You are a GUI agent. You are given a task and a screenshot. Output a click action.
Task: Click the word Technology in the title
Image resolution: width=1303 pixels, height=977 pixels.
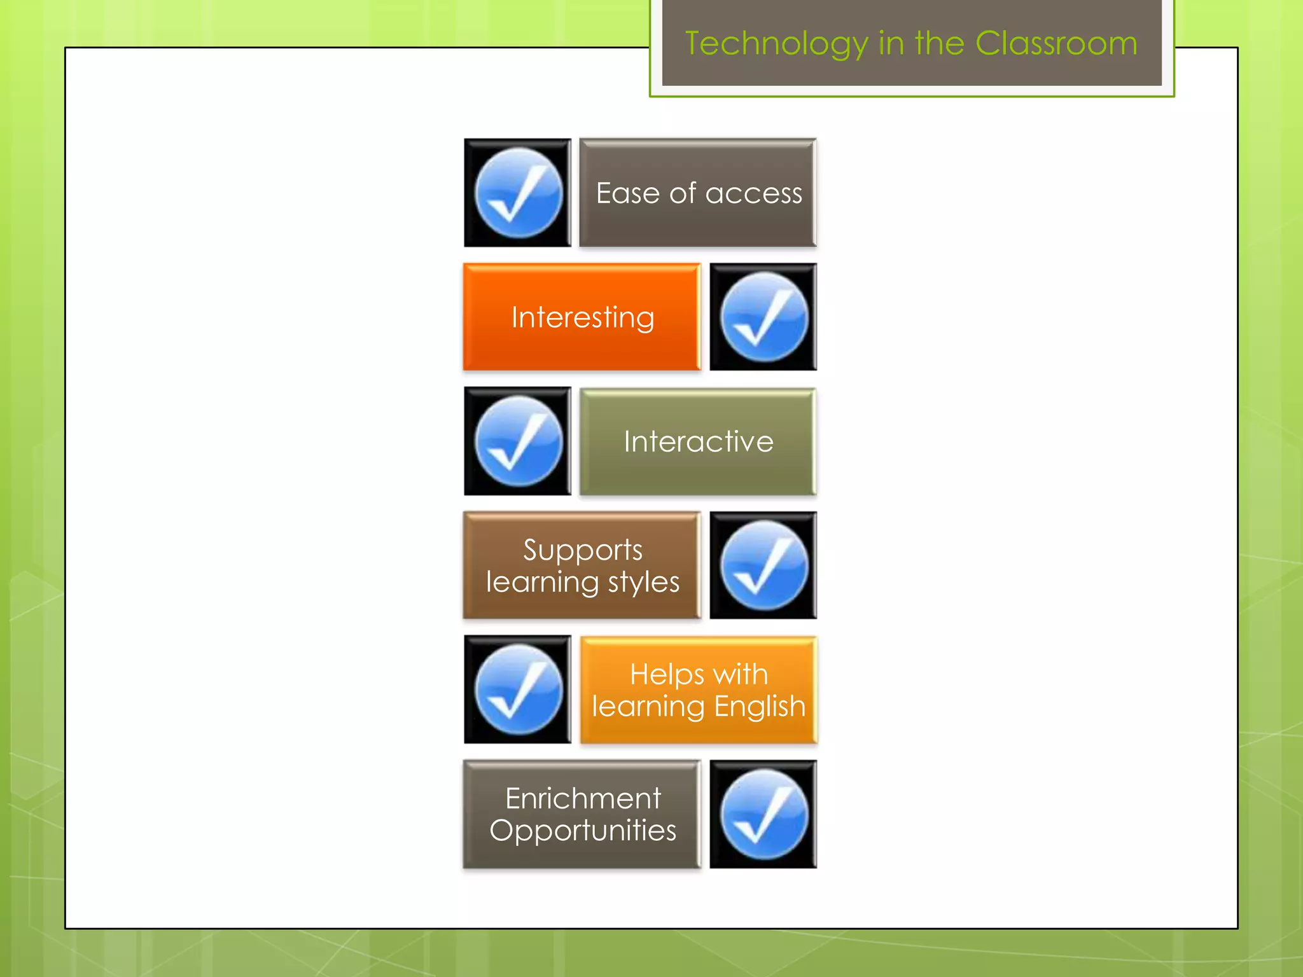tap(776, 45)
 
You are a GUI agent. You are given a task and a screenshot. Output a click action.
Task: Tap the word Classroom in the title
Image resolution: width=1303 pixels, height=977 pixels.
tap(1056, 43)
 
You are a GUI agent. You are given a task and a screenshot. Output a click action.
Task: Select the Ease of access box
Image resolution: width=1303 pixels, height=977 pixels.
tap(698, 193)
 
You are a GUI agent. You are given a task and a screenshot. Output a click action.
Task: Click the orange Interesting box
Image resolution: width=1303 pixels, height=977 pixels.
tap(582, 317)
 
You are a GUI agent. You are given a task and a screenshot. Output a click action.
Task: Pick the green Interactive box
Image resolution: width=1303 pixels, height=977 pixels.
tap(698, 441)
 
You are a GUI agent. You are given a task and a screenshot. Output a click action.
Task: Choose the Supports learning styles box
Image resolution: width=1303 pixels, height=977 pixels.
tap(582, 565)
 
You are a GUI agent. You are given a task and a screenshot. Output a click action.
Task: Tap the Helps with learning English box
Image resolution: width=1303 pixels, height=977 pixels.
tap(699, 690)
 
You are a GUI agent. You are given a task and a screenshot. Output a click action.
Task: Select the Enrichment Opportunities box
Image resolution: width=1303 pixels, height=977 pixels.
tap(582, 814)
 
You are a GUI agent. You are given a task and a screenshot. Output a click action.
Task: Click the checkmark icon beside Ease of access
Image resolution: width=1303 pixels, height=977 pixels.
tap(518, 193)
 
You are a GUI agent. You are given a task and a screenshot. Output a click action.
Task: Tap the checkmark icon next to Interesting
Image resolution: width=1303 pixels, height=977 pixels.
tap(763, 317)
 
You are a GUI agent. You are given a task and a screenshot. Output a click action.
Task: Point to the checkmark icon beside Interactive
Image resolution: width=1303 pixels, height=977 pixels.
tap(518, 441)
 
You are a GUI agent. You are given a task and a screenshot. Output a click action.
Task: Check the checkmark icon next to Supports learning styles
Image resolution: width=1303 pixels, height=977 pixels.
tap(763, 565)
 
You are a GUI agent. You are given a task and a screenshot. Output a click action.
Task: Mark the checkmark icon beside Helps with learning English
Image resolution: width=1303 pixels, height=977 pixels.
tap(518, 689)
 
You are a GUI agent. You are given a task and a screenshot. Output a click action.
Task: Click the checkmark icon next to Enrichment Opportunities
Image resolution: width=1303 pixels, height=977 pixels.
tap(763, 814)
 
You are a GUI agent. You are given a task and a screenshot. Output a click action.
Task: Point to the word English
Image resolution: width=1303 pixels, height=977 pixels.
tap(760, 707)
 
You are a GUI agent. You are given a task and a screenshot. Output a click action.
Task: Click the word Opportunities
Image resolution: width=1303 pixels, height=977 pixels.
tap(583, 831)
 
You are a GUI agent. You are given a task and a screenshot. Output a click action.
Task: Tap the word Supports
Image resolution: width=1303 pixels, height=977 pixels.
tap(583, 550)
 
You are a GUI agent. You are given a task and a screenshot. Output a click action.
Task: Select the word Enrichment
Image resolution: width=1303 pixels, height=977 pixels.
tap(583, 798)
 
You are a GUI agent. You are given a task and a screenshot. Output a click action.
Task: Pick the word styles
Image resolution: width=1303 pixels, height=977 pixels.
tap(643, 583)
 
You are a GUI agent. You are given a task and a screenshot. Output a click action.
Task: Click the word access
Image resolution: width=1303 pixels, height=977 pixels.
tap(754, 193)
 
